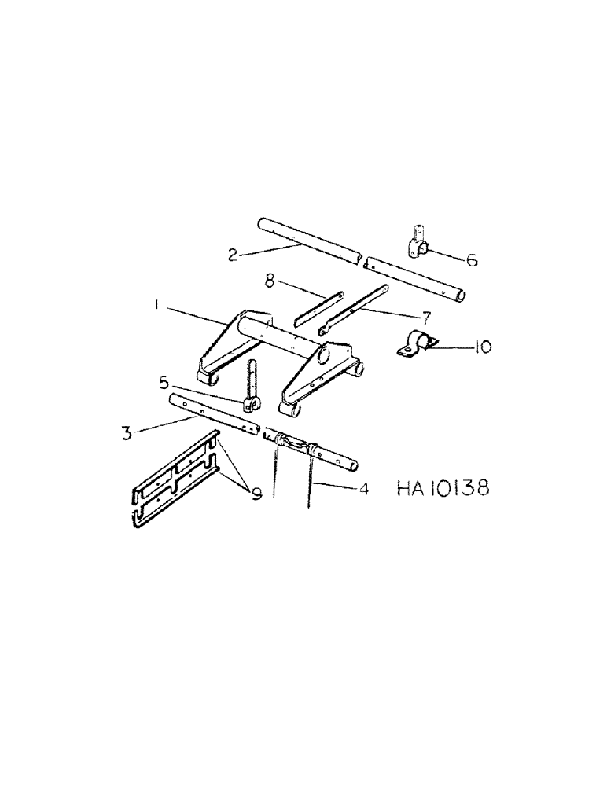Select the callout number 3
click(127, 432)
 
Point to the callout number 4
click(364, 488)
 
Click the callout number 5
click(164, 384)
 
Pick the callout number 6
click(472, 258)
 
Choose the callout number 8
click(269, 281)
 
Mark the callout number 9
click(256, 494)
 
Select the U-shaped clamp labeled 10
click(414, 346)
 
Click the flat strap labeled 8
click(318, 308)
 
